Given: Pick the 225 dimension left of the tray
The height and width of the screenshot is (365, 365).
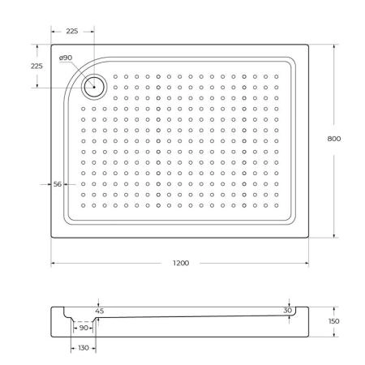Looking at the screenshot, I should (x=36, y=66).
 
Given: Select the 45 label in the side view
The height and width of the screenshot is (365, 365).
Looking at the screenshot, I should (x=100, y=311).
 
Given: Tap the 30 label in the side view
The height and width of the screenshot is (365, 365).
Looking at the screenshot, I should (x=288, y=311).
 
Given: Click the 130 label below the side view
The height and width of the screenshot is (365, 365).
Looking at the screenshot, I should (x=84, y=348).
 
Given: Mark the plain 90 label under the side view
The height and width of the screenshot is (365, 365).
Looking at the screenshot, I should (x=84, y=328).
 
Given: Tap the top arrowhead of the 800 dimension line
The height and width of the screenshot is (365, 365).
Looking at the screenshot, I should (x=333, y=46).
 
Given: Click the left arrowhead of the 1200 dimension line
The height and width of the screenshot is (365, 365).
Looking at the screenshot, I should (x=54, y=264).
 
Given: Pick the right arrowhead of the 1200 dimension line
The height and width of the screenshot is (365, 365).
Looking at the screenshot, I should (x=307, y=264).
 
